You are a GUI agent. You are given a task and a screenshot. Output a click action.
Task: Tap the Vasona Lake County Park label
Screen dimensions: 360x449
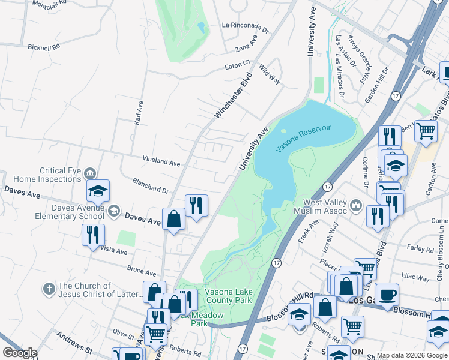[x=233, y=296]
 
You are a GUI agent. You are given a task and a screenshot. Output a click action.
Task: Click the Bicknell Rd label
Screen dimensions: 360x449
[x=44, y=46]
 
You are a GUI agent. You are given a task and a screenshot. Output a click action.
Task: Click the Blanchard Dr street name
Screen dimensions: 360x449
[x=150, y=185]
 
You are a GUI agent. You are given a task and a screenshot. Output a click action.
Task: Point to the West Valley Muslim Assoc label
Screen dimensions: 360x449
[x=321, y=207]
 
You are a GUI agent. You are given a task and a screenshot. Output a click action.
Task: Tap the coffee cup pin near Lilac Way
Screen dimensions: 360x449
[x=387, y=294]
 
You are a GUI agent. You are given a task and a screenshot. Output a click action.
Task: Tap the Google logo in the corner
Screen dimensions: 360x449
[x=19, y=353]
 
